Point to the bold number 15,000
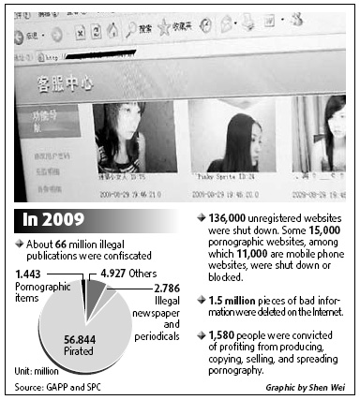click(x=308, y=229)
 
